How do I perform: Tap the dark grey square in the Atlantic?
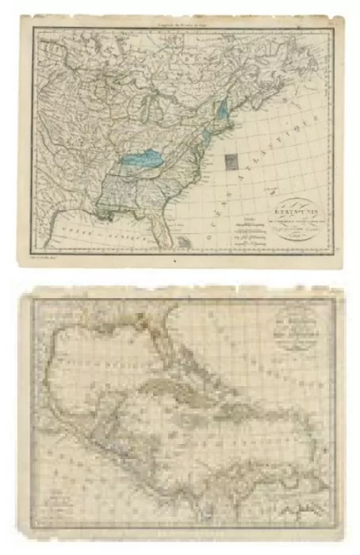click(x=232, y=162)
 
